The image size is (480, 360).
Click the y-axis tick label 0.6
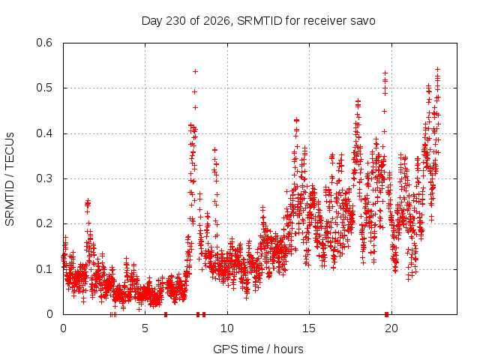[x=44, y=43]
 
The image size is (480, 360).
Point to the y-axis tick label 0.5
[x=44, y=88]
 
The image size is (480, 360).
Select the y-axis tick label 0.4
[x=44, y=133]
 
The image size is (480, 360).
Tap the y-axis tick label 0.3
[x=44, y=178]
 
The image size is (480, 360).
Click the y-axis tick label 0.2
[x=44, y=223]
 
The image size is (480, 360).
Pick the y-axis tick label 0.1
[x=44, y=269]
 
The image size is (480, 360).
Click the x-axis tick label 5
[x=145, y=328]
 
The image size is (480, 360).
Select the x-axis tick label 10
[x=227, y=328]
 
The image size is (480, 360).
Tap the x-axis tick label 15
[x=309, y=328]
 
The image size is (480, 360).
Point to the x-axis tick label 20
[x=391, y=328]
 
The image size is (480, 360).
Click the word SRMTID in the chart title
[x=260, y=21]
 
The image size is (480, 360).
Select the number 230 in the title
[x=175, y=21]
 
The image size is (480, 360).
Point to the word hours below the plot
[x=289, y=349]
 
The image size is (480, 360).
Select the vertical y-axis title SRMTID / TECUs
[x=10, y=179]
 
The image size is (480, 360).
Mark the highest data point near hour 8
[x=195, y=72]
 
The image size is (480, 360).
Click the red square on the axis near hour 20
[x=387, y=314]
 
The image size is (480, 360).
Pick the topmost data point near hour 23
[x=438, y=69]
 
